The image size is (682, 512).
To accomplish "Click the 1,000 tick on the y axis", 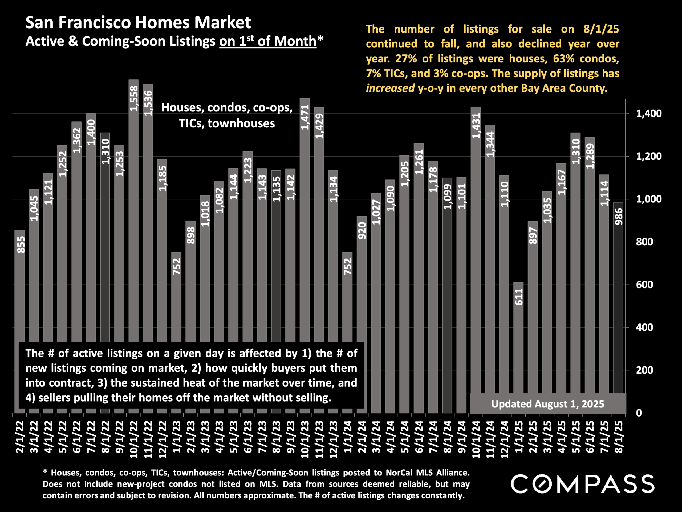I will point(644,199).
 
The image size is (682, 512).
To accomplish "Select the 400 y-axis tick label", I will point(644,327).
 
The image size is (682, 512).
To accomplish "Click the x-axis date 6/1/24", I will point(419,437).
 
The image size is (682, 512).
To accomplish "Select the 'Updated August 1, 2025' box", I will point(547,404).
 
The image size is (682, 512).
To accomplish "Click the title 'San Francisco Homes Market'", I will point(138,22).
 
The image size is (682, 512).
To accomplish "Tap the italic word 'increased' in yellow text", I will point(390,88).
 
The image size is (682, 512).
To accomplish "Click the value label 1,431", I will point(476,126).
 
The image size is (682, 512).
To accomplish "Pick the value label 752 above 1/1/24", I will point(347,266).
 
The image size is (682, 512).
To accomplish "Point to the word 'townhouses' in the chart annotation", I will point(241,123).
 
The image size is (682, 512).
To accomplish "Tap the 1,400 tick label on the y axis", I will point(644,114).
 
